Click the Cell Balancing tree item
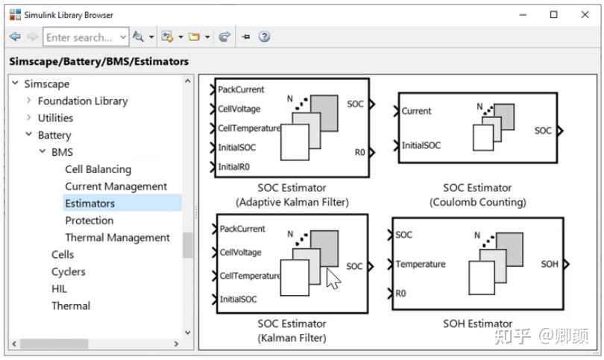point(98,169)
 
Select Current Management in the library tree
point(116,186)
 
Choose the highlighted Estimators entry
point(89,203)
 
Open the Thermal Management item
point(117,238)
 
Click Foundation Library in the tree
point(83,101)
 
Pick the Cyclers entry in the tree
point(68,272)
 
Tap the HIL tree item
point(59,288)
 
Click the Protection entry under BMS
point(89,221)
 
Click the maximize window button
point(553,14)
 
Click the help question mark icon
point(264,37)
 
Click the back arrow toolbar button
point(15,37)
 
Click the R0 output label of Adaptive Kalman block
point(359,152)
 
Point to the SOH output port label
point(550,264)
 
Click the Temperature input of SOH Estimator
point(420,264)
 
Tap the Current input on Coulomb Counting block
point(416,111)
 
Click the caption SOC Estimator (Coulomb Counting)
point(477,195)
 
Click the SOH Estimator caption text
point(477,323)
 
